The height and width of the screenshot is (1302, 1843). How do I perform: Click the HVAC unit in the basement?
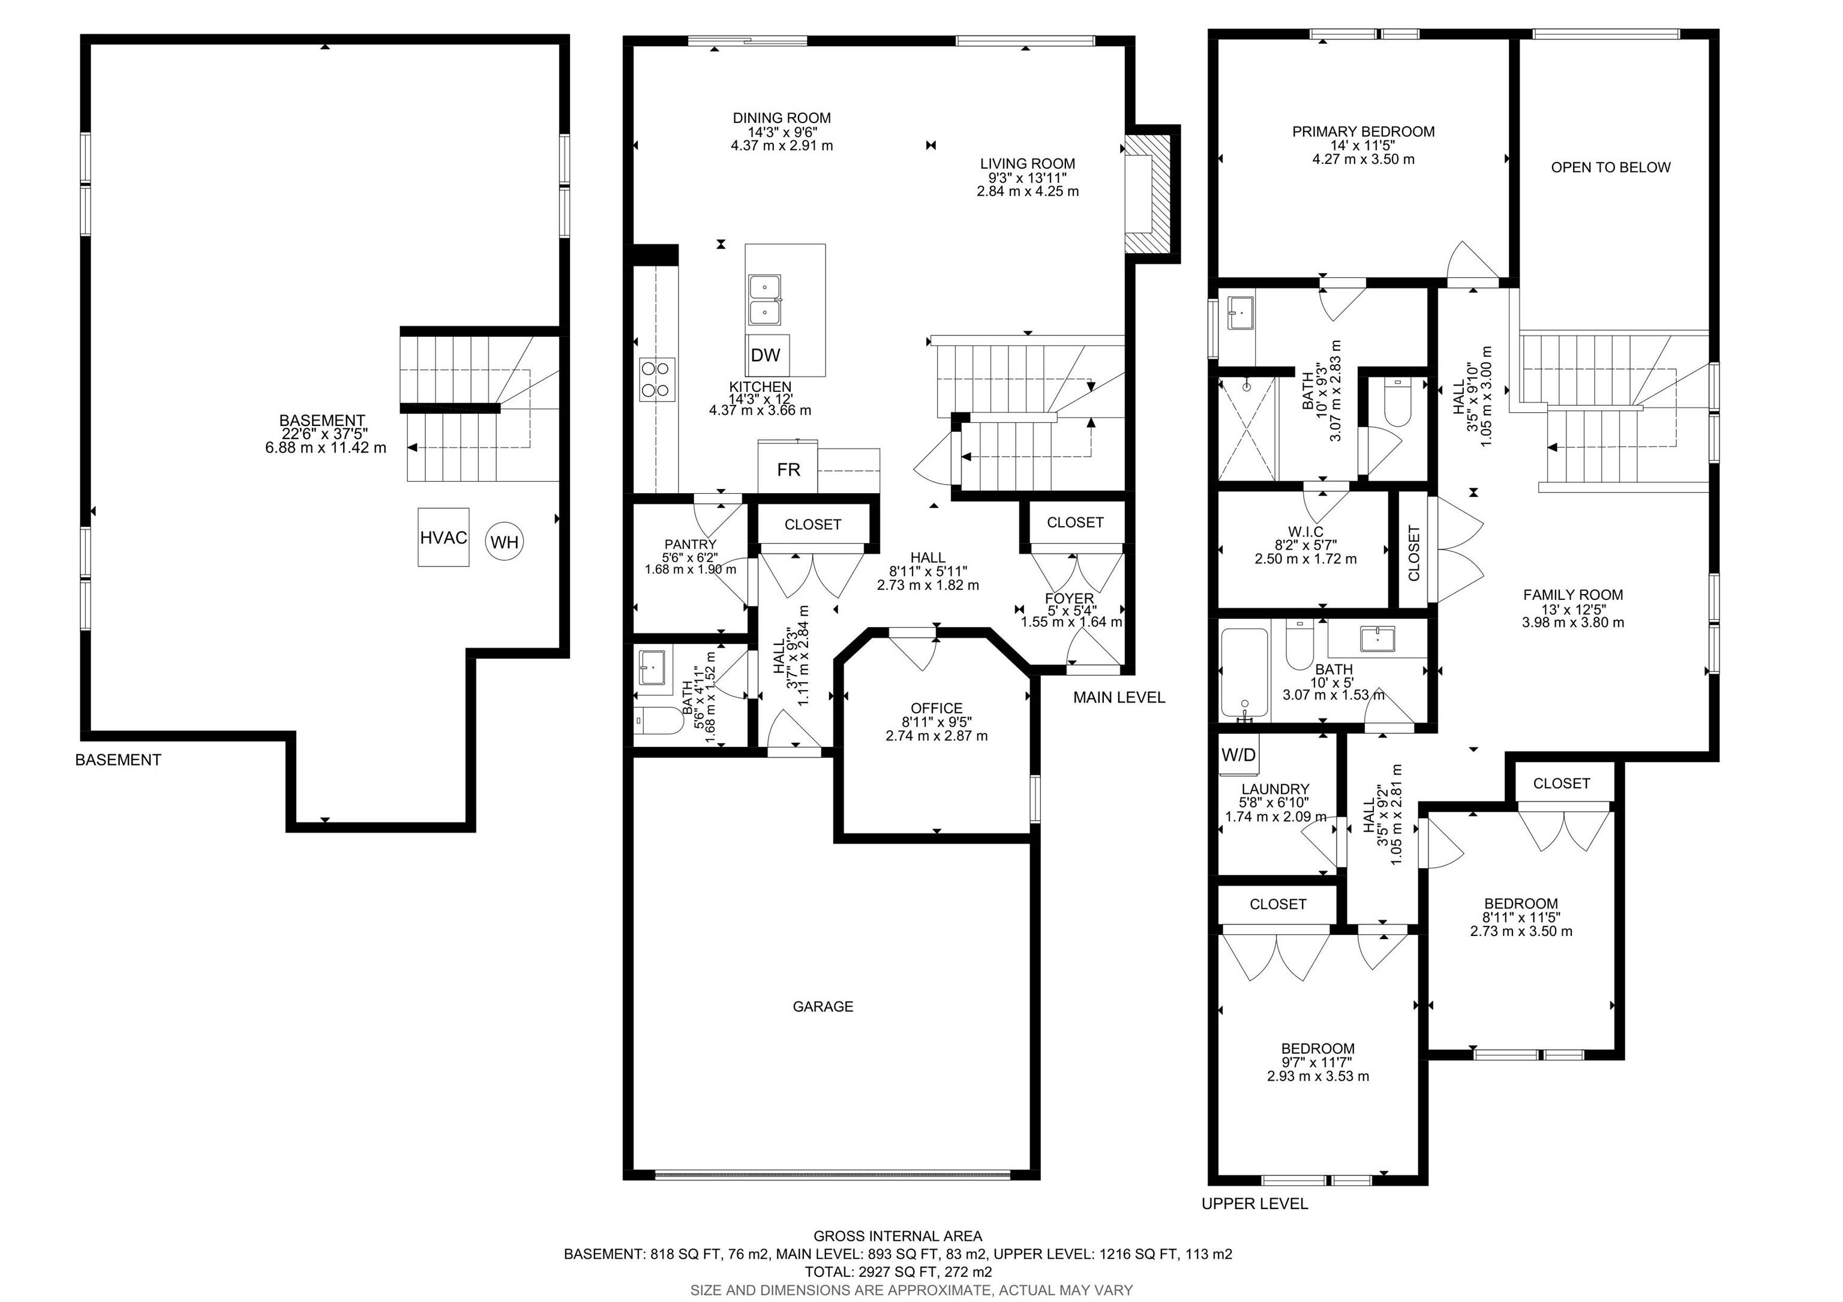click(443, 537)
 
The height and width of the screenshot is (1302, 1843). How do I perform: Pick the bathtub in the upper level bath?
click(1244, 673)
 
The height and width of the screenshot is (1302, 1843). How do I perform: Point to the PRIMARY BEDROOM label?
click(1363, 131)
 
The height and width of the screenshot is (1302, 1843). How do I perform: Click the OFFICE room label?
click(936, 708)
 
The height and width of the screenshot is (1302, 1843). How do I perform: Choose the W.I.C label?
click(1305, 532)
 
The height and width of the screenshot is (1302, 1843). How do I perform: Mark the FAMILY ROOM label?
click(1572, 595)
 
